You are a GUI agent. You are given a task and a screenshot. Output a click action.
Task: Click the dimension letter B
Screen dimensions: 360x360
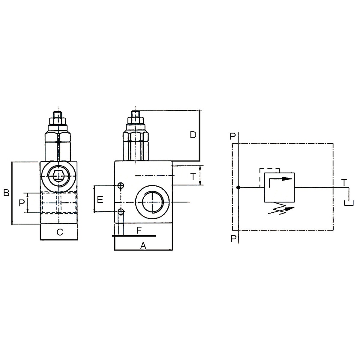[6, 193]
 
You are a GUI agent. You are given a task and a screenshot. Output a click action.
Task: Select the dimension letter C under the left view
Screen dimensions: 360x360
[60, 232]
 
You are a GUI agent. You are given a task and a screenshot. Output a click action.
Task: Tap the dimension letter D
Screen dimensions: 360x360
[193, 135]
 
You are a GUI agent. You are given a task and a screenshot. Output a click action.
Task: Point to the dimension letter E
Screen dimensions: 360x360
[100, 199]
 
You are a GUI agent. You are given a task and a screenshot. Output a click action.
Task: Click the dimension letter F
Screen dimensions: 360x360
[139, 230]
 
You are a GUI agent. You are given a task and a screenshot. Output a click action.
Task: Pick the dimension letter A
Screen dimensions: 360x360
[143, 246]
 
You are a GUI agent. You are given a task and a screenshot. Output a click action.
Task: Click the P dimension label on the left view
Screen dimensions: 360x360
[22, 203]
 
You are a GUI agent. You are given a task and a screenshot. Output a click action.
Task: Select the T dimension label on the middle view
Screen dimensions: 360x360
[193, 177]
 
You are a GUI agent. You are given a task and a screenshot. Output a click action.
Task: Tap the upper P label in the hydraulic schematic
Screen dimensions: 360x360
[232, 136]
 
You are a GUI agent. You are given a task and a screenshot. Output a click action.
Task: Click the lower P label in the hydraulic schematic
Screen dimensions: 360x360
[233, 238]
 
